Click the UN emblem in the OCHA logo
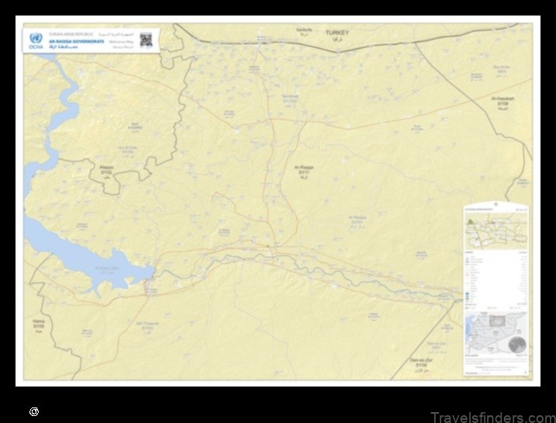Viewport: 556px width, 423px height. pyautogui.click(x=34, y=37)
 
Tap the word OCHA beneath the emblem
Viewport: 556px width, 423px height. pyautogui.click(x=34, y=47)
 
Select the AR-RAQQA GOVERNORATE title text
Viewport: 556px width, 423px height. pyautogui.click(x=77, y=42)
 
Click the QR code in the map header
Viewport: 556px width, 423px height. pyautogui.click(x=146, y=40)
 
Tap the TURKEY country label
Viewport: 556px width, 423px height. pyautogui.click(x=337, y=33)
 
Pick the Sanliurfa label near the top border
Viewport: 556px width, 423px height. pyautogui.click(x=304, y=30)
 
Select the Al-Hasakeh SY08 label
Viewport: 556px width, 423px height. pyautogui.click(x=504, y=102)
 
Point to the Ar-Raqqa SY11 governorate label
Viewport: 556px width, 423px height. pyautogui.click(x=304, y=170)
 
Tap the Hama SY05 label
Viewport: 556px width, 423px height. pyautogui.click(x=39, y=323)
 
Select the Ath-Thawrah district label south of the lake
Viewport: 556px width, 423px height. pyautogui.click(x=147, y=326)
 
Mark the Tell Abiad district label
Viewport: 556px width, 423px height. pyautogui.click(x=289, y=99)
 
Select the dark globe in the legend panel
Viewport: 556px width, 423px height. pyautogui.click(x=516, y=345)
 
